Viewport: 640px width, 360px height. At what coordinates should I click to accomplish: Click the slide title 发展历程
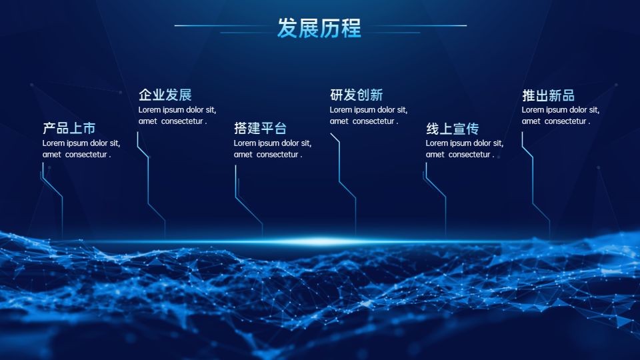pos(319,28)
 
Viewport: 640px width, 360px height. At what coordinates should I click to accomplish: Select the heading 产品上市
pos(69,128)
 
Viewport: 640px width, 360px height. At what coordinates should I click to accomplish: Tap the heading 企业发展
pos(165,95)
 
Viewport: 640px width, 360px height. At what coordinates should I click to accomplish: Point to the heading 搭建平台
pos(261,128)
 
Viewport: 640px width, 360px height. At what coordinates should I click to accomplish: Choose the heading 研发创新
pos(356,95)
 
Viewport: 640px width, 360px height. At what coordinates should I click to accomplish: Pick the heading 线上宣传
pos(452,129)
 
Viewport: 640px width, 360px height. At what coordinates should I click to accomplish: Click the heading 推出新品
pos(548,95)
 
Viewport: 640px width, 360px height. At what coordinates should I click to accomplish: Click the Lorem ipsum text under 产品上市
pos(81,149)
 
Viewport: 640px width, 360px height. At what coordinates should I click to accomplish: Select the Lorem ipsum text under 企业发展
pos(177,115)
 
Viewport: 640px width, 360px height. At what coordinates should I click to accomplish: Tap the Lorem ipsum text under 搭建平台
pos(273,149)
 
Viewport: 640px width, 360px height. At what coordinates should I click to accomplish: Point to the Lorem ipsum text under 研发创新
pos(369,115)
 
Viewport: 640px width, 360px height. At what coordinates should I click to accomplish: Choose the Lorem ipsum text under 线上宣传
pos(465,149)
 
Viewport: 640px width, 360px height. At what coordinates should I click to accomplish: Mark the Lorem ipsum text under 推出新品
pos(561,115)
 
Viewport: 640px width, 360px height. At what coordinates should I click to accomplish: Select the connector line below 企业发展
pos(148,184)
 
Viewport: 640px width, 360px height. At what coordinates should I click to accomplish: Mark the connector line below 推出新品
pos(533,184)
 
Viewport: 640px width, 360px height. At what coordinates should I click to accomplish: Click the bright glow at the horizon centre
pos(320,241)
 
